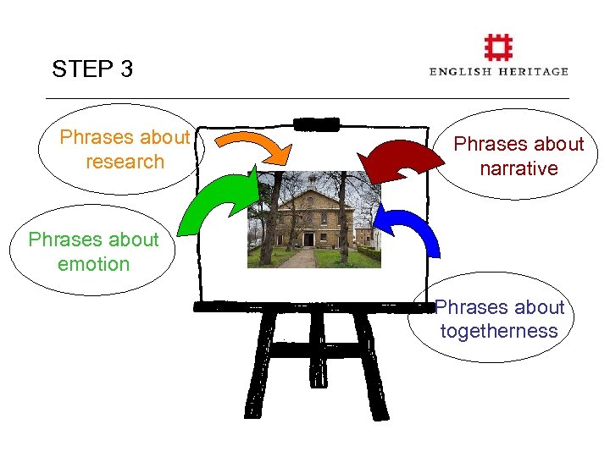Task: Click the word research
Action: (125, 162)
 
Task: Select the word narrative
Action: (518, 168)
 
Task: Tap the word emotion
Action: (93, 264)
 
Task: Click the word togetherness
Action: (499, 331)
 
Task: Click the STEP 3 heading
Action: (92, 69)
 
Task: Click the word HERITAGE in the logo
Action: (535, 72)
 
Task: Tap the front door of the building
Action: (308, 240)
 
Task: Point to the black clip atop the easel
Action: (316, 124)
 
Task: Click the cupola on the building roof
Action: (313, 179)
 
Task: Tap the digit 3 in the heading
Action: (126, 69)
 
